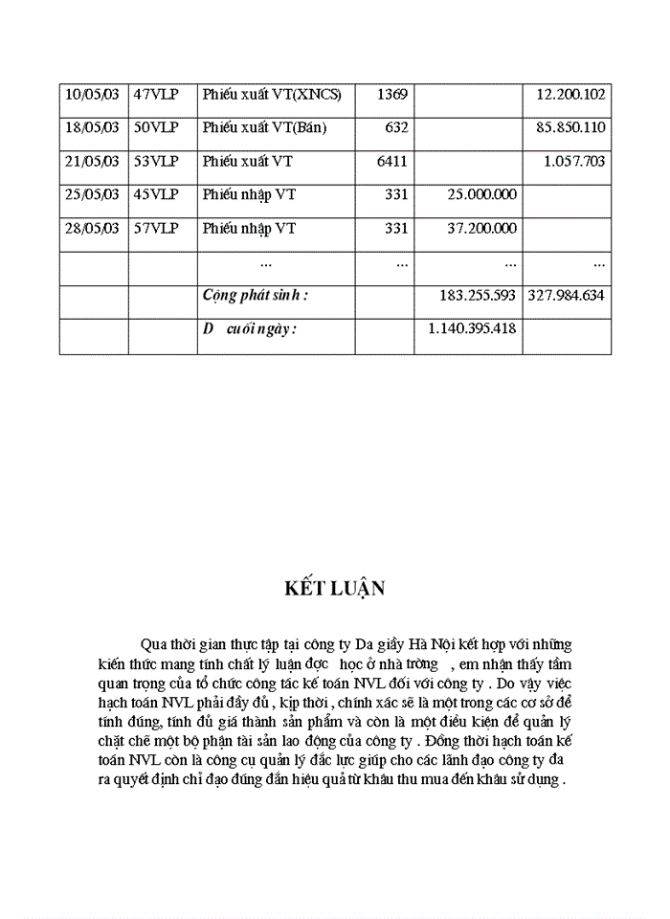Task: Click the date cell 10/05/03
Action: pyautogui.click(x=92, y=94)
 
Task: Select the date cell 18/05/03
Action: pyautogui.click(x=92, y=127)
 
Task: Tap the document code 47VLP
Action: pyautogui.click(x=156, y=94)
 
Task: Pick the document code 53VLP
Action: pyautogui.click(x=156, y=161)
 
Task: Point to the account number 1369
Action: pyautogui.click(x=392, y=94)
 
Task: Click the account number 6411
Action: pyautogui.click(x=392, y=161)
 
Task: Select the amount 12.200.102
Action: pyautogui.click(x=570, y=94)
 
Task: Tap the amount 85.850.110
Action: pyautogui.click(x=570, y=127)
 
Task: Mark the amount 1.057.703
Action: pyautogui.click(x=574, y=161)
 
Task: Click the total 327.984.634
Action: pyautogui.click(x=567, y=296)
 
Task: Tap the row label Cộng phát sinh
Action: pyautogui.click(x=256, y=296)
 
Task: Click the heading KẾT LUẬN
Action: pyautogui.click(x=335, y=589)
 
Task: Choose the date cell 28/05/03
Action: pyautogui.click(x=92, y=228)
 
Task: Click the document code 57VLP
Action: pyautogui.click(x=156, y=228)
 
